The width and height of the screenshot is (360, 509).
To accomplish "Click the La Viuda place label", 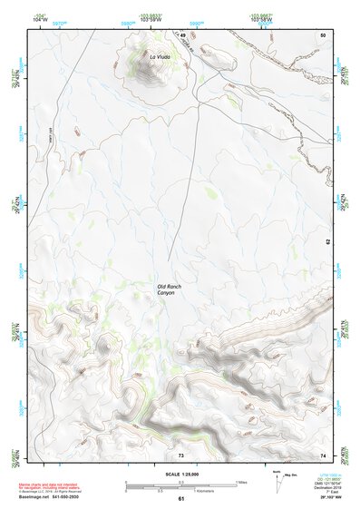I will [159, 57].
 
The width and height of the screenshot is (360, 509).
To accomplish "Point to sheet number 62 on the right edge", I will [328, 243].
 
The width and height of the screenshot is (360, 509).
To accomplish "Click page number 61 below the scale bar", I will [181, 498].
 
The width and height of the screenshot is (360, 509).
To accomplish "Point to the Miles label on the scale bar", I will [239, 481].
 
